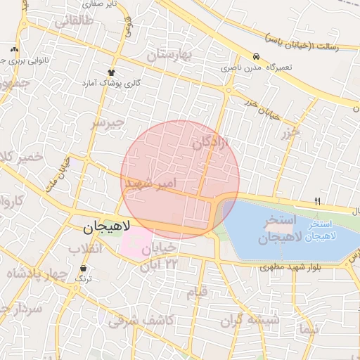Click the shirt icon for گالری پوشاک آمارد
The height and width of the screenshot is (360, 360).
tap(111, 72)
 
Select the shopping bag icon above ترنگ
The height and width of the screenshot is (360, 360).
tap(84, 268)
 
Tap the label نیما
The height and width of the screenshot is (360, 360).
tap(309, 329)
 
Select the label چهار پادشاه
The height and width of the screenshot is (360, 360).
tap(35, 273)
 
